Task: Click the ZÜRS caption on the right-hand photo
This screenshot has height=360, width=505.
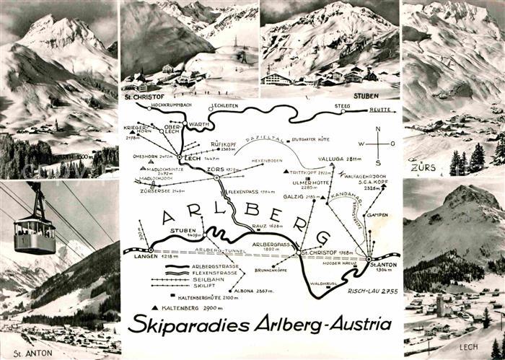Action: pos(423,167)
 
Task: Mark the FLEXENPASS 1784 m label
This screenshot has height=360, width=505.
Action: pos(252,191)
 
